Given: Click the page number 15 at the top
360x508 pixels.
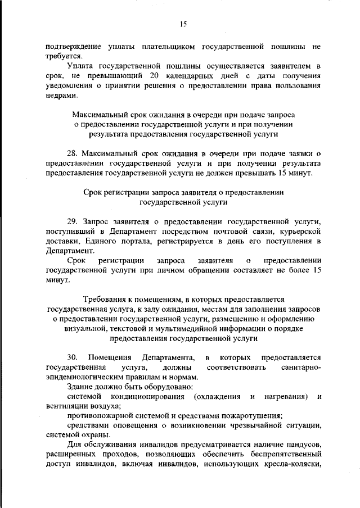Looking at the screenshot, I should (x=183, y=24).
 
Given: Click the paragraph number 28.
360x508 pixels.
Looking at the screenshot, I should (x=73, y=153).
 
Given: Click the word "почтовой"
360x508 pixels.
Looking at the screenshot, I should (x=228, y=232).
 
